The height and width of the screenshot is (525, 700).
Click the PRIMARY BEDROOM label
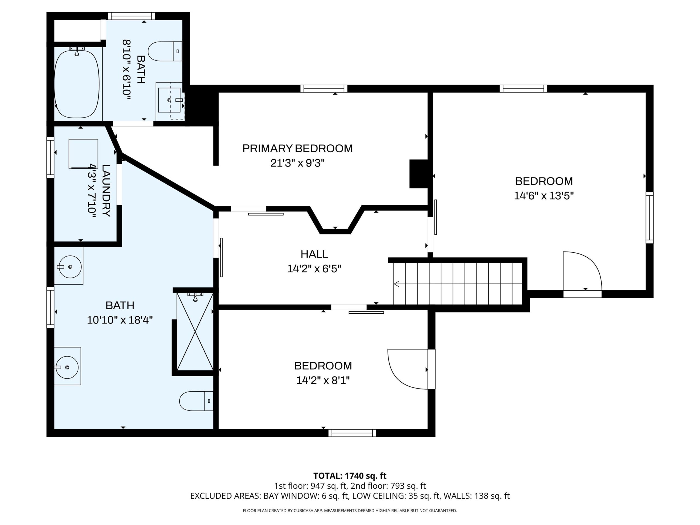click(297, 148)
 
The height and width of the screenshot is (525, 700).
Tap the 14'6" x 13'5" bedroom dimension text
click(544, 196)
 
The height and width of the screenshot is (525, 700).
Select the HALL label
click(314, 254)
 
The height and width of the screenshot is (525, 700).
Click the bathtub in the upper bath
click(77, 84)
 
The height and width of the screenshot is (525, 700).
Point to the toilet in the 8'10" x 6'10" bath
click(165, 51)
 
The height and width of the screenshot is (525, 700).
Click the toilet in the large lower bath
click(196, 401)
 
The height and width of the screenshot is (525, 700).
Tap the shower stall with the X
click(195, 332)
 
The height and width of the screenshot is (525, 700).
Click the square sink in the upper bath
click(169, 100)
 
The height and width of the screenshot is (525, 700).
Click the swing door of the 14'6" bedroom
click(582, 272)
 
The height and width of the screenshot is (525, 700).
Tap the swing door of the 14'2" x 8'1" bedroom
click(408, 369)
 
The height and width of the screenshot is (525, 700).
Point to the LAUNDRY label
click(106, 191)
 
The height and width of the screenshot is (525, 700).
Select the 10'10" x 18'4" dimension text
click(120, 320)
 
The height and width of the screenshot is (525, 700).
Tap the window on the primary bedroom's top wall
click(324, 89)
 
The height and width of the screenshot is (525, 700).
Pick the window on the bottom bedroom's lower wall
click(352, 433)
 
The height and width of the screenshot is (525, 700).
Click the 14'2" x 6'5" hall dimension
click(314, 269)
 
